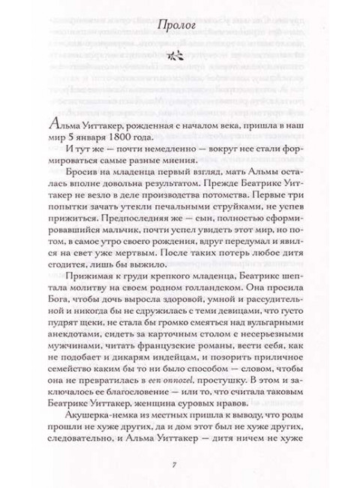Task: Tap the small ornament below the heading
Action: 179,54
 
